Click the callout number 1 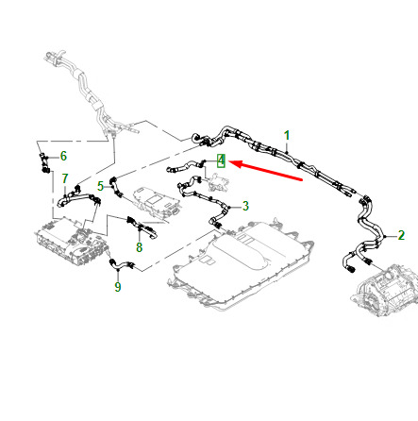pyautogui.click(x=287, y=136)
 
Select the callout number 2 pyautogui.click(x=401, y=235)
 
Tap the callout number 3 pyautogui.click(x=245, y=206)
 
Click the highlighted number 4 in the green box pyautogui.click(x=222, y=160)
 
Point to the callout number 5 pyautogui.click(x=100, y=186)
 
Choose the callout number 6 pyautogui.click(x=63, y=156)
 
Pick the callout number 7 pyautogui.click(x=65, y=178)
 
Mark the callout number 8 pyautogui.click(x=140, y=247)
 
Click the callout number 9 pyautogui.click(x=118, y=287)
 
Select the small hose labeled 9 pyautogui.click(x=122, y=265)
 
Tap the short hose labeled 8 pyautogui.click(x=142, y=227)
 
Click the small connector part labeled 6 pyautogui.click(x=44, y=162)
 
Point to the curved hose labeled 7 pyautogui.click(x=78, y=197)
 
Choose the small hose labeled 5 pyautogui.click(x=115, y=186)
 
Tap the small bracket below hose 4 pyautogui.click(x=218, y=183)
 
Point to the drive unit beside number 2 pyautogui.click(x=385, y=290)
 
